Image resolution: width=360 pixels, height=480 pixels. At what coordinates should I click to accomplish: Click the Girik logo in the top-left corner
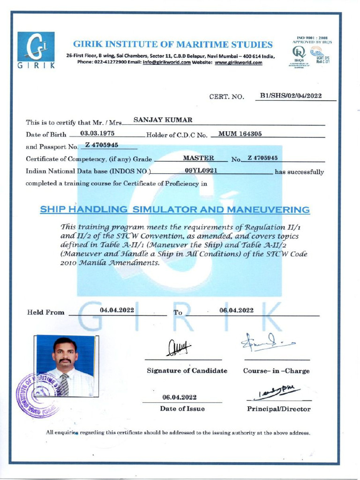pyautogui.click(x=36, y=51)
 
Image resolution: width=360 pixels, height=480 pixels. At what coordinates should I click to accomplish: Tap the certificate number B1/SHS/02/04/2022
pyautogui.click(x=291, y=96)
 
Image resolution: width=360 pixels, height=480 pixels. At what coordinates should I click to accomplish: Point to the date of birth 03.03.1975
pyautogui.click(x=98, y=134)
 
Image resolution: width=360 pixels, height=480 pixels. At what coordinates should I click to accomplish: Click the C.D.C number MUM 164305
pyautogui.click(x=240, y=134)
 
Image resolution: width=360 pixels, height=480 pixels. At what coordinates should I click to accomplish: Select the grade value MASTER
pyautogui.click(x=198, y=158)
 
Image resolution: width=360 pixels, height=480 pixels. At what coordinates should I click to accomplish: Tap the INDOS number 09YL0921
pyautogui.click(x=201, y=171)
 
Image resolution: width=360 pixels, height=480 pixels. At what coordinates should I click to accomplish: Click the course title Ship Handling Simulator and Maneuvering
pyautogui.click(x=175, y=210)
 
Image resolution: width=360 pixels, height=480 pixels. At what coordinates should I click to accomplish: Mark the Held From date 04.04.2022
pyautogui.click(x=117, y=310)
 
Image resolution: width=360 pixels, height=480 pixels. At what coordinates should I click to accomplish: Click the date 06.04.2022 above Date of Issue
pyautogui.click(x=179, y=397)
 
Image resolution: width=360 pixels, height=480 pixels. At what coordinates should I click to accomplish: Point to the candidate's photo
pyautogui.click(x=65, y=365)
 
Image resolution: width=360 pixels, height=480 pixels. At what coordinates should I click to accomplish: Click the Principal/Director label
pyautogui.click(x=278, y=409)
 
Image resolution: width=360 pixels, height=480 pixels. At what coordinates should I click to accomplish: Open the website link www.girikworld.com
pyautogui.click(x=238, y=63)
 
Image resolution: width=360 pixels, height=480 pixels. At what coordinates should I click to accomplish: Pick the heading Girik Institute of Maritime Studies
pyautogui.click(x=173, y=45)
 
